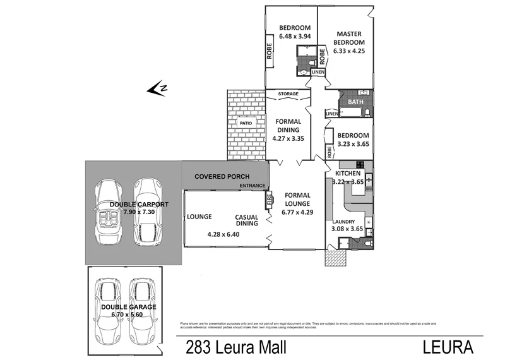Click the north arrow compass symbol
157,89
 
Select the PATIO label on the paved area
246,123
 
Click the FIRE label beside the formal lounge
268,200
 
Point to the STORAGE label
288,94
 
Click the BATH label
356,102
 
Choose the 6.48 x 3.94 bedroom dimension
295,36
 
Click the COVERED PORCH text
222,176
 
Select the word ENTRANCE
252,186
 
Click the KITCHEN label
348,173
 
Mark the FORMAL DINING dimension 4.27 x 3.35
288,138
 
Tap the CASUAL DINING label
246,219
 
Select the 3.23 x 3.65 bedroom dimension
353,144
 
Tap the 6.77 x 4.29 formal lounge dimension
297,212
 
